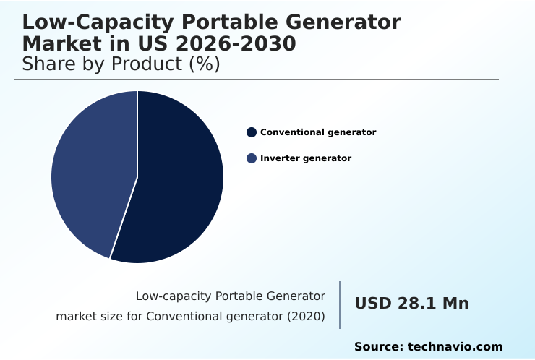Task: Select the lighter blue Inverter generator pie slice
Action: click(x=90, y=173)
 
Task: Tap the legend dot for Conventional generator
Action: click(x=252, y=132)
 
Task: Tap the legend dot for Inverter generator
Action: click(x=252, y=158)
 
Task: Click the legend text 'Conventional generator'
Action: click(x=318, y=132)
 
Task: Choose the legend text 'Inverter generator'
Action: click(x=306, y=158)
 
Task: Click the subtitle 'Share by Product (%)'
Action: click(x=121, y=64)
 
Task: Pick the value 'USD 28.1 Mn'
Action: click(x=411, y=304)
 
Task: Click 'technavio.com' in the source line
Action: click(x=455, y=347)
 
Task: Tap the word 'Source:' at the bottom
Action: click(x=378, y=347)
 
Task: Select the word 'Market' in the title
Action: click(x=62, y=44)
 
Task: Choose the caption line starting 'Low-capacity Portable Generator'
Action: click(x=230, y=296)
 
